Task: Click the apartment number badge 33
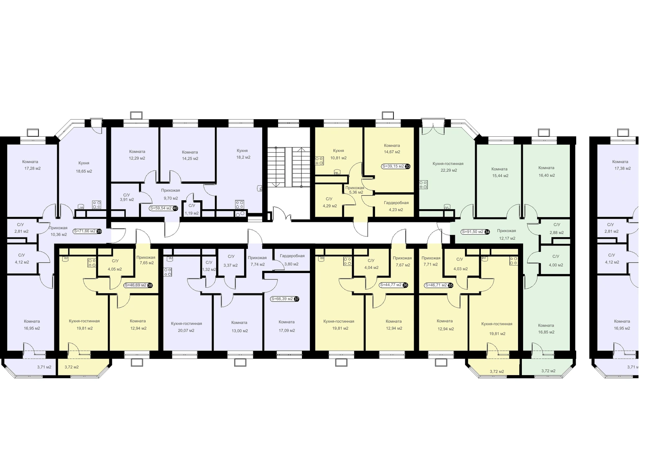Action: (x=408, y=166)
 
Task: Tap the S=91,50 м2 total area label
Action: (x=472, y=232)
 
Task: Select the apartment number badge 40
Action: (x=175, y=208)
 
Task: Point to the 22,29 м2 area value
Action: (x=449, y=170)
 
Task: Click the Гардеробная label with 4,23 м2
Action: (x=396, y=202)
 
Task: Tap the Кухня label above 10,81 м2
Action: (x=338, y=151)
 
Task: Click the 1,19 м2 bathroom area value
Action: (x=192, y=213)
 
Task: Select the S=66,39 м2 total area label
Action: (x=282, y=299)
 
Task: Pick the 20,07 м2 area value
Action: (x=186, y=330)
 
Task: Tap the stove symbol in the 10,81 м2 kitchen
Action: (x=319, y=161)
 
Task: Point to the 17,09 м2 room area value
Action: (x=287, y=330)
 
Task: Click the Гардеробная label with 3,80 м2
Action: (x=292, y=256)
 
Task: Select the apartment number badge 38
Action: (x=150, y=285)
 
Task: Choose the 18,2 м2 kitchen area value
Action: (x=243, y=157)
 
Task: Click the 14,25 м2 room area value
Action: (x=190, y=159)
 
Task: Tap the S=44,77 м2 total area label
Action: (x=391, y=285)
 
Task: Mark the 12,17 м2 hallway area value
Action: (x=507, y=238)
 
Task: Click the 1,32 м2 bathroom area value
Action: (x=209, y=269)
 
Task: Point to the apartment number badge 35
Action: (x=450, y=285)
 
